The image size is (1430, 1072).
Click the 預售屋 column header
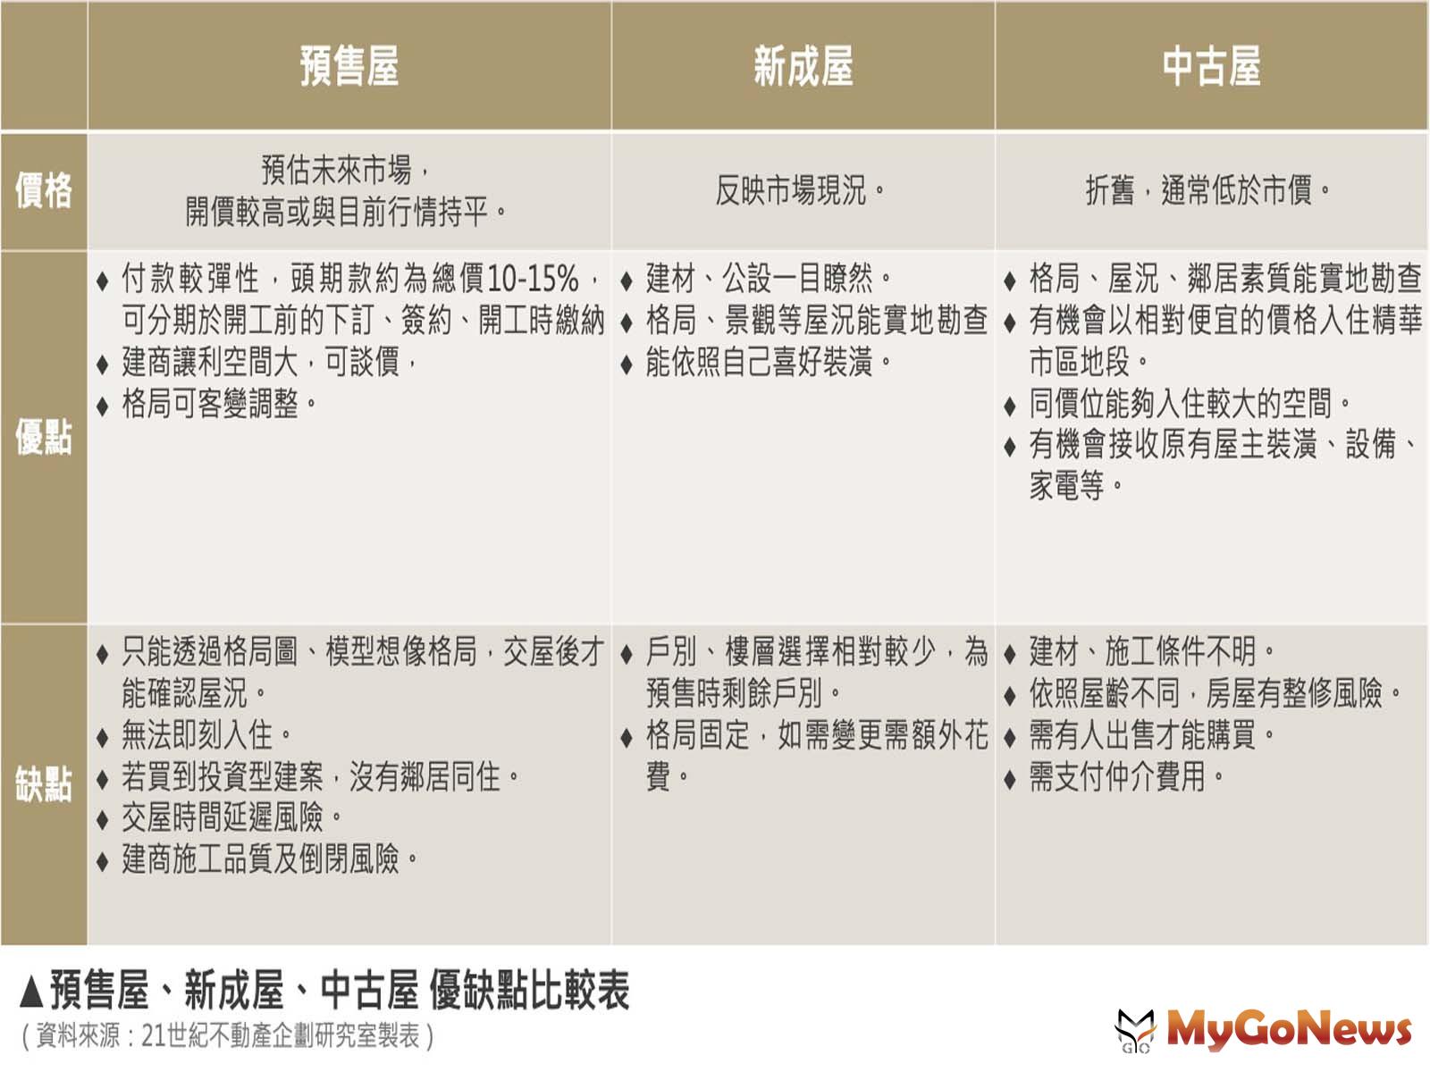[x=349, y=66]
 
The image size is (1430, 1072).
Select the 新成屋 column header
[x=803, y=66]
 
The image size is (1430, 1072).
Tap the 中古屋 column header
[x=1211, y=66]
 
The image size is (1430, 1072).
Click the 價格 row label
[x=44, y=190]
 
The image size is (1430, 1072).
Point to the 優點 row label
[x=44, y=437]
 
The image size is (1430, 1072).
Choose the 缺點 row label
[x=44, y=784]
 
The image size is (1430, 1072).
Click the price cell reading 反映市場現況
[x=802, y=190]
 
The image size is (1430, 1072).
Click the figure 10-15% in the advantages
[x=533, y=279]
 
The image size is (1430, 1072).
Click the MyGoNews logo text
[x=1290, y=1030]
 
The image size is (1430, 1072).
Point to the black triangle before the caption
[x=31, y=992]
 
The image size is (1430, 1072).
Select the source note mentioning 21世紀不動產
[x=228, y=1036]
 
